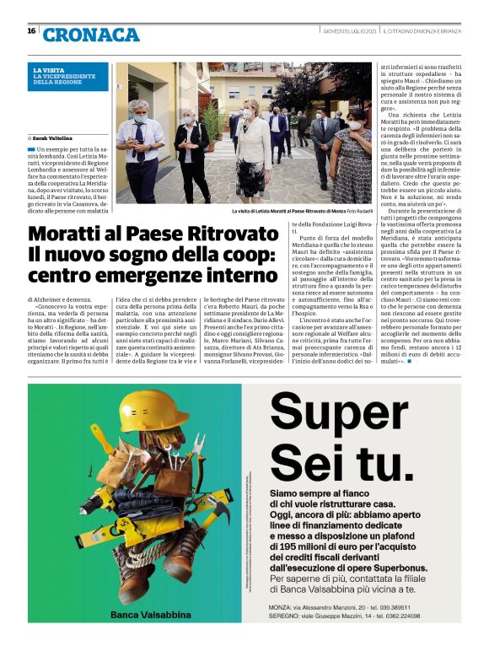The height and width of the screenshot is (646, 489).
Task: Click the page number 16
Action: pos(31,31)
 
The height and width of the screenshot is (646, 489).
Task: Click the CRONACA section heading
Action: pos(91,35)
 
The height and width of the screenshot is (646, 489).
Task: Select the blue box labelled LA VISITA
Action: pos(68,77)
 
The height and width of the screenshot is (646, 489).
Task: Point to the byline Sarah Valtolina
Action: pos(53,137)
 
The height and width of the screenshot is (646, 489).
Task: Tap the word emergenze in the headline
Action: pos(144,276)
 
